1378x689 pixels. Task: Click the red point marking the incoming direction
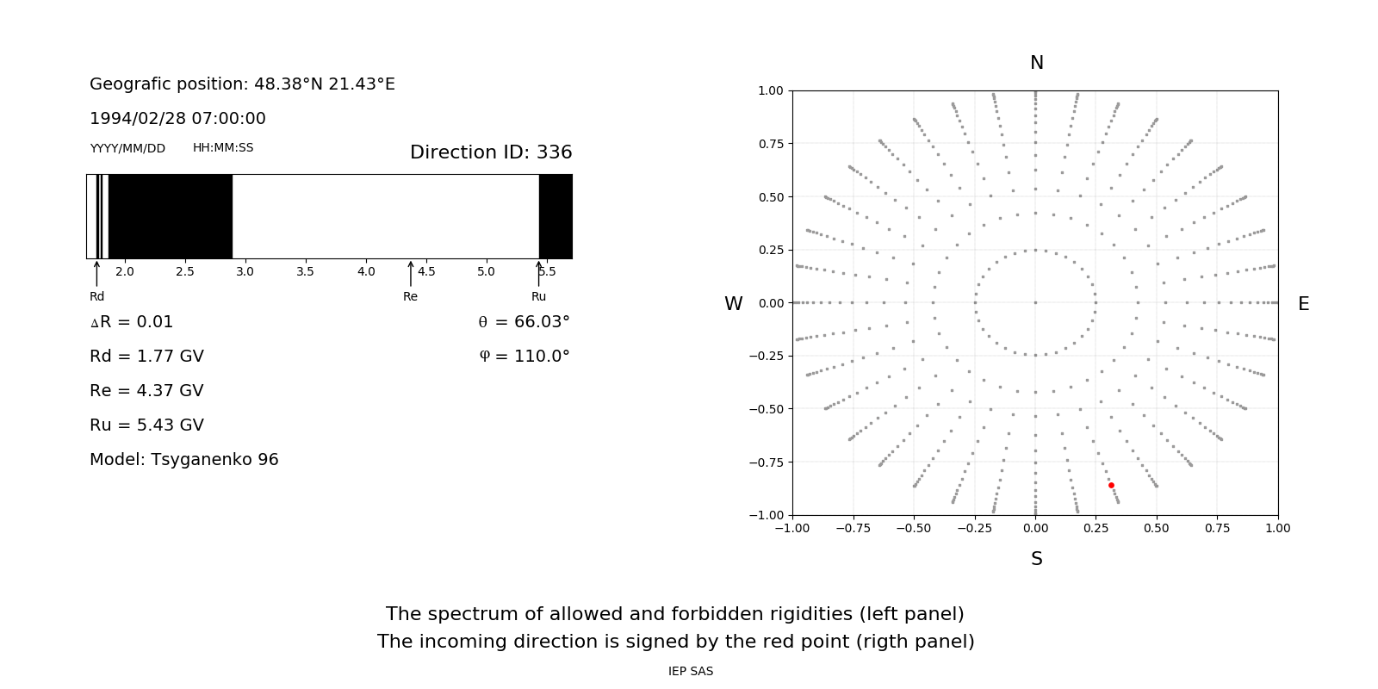[1111, 486]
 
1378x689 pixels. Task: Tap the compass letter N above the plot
[1037, 63]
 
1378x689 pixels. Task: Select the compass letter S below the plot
[1037, 559]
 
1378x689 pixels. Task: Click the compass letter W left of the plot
[733, 304]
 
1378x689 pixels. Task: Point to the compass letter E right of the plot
[1303, 304]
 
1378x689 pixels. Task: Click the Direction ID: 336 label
[491, 152]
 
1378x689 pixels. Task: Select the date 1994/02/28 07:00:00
[177, 119]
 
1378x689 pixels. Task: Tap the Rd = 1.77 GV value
[146, 357]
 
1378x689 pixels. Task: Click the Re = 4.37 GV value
[146, 391]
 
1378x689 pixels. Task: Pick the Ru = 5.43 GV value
[146, 425]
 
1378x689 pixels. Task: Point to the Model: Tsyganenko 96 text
[184, 460]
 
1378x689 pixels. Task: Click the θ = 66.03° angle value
[524, 322]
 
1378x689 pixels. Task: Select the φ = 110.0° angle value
[525, 357]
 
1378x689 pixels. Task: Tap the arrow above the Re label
[411, 274]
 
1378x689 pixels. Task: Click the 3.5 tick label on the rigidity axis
[306, 272]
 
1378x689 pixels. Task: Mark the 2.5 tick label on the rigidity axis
[185, 272]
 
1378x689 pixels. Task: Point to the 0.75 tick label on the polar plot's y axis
[770, 144]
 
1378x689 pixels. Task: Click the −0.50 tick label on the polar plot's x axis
[914, 529]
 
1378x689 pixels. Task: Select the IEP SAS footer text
[691, 672]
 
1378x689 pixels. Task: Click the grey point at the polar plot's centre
[1035, 302]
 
